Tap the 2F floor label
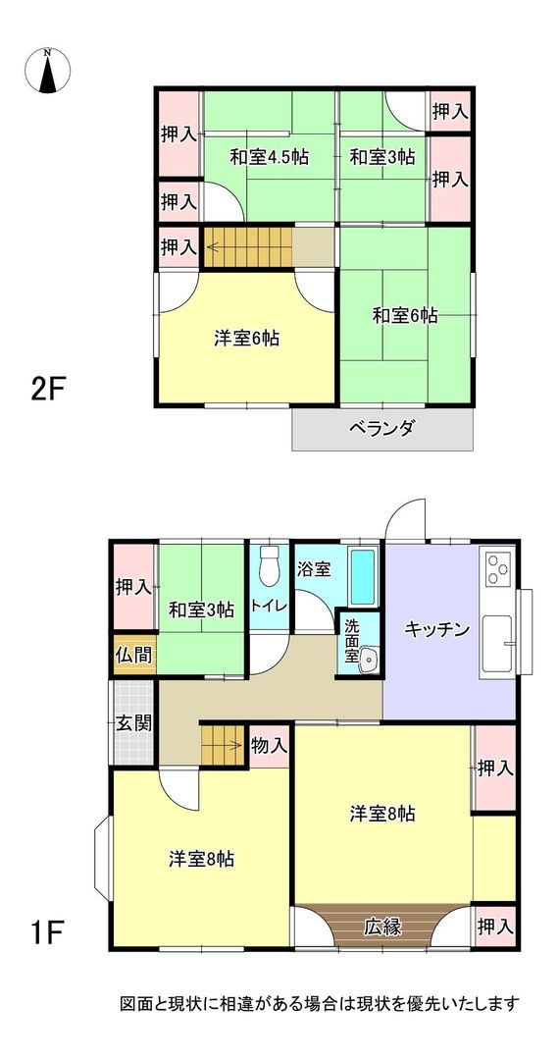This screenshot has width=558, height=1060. (x=47, y=390)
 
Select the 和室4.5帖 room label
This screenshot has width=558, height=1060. (x=270, y=157)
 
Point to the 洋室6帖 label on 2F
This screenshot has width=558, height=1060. (x=247, y=339)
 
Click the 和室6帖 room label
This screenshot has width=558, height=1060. (x=404, y=316)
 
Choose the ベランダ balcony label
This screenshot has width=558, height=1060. (x=382, y=428)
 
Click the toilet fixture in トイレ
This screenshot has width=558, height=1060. (x=270, y=566)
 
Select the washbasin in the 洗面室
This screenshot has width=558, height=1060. (x=368, y=661)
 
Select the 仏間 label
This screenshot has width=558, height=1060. (x=133, y=655)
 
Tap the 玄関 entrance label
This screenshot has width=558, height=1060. (x=133, y=724)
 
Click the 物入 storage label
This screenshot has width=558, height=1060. (x=269, y=746)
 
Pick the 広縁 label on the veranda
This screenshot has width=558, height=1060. (x=382, y=926)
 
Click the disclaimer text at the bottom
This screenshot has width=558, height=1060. (x=319, y=1004)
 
